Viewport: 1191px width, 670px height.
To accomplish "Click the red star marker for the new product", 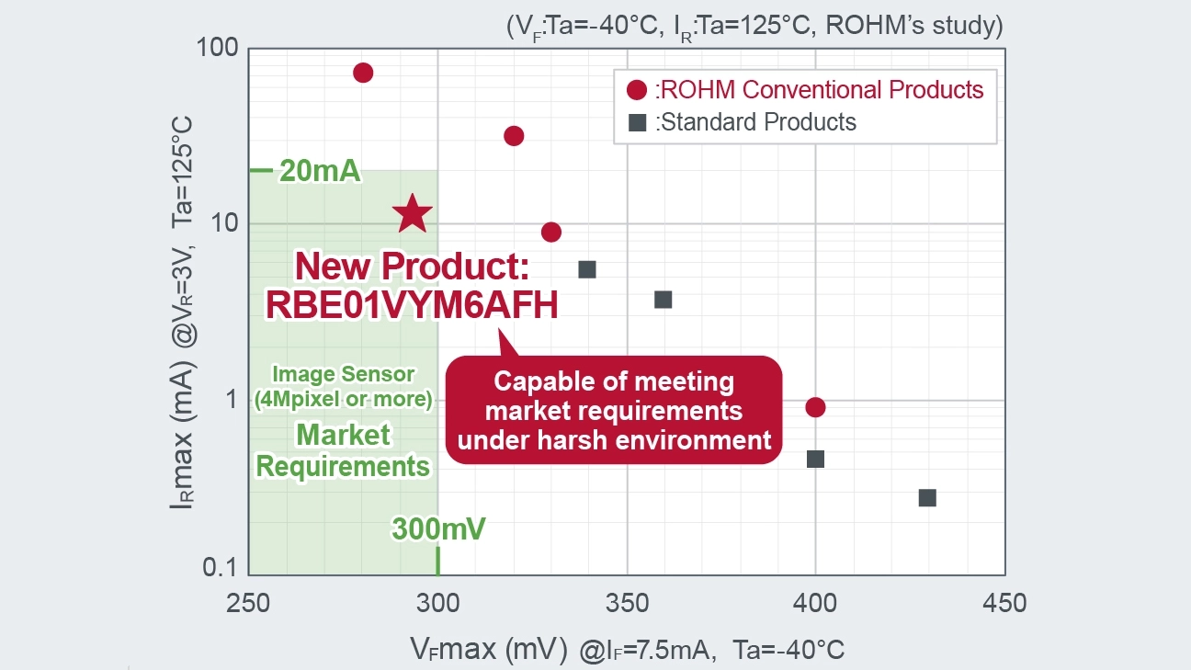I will [x=413, y=213].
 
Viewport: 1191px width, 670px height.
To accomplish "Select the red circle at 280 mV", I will [x=363, y=73].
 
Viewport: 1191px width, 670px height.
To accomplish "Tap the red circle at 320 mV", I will [x=515, y=136].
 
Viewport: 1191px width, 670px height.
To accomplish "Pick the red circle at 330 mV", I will [x=551, y=232].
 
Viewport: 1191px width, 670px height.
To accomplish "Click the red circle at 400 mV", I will [x=815, y=407].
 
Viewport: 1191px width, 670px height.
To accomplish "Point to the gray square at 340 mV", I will [x=587, y=269].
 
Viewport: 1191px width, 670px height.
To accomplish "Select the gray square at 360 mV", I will [x=663, y=300].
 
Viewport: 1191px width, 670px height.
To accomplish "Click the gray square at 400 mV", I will [x=815, y=459].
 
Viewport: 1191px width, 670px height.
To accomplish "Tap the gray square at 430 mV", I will [x=927, y=497].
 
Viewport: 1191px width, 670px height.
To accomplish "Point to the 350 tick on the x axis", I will [x=627, y=603].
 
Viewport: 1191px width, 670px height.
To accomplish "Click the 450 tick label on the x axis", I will [x=1004, y=603].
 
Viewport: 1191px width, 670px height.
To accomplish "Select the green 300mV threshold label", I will [x=438, y=529].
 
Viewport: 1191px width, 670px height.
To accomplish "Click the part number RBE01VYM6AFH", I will [x=412, y=305].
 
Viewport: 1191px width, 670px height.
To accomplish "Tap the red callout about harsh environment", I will [x=614, y=410].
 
